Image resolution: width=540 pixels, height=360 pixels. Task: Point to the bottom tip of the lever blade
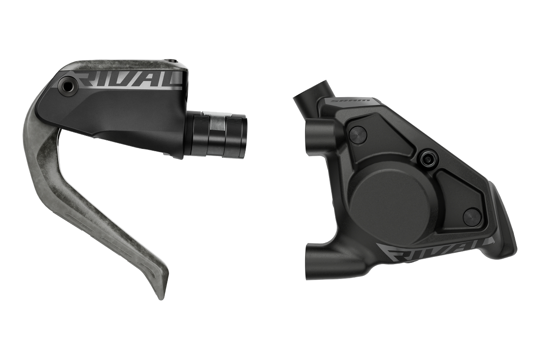point(161,298)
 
